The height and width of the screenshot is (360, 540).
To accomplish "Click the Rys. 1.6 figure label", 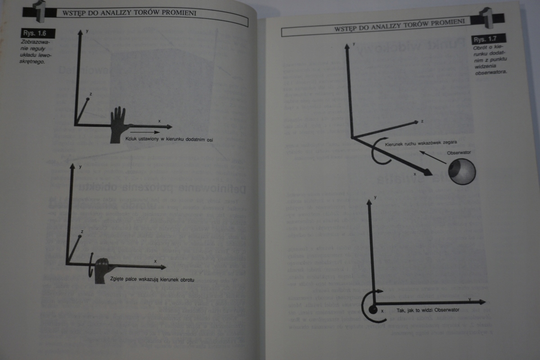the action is (x=38, y=33).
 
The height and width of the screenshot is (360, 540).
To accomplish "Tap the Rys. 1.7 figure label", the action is (x=488, y=39).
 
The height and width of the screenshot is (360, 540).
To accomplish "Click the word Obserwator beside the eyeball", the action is (x=459, y=153).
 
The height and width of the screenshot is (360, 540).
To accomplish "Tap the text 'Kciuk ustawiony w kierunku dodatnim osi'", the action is (x=170, y=140).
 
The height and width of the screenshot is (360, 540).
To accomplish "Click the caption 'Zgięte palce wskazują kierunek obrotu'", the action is (x=152, y=279).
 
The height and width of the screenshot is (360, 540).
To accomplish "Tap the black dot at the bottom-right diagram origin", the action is (x=373, y=309).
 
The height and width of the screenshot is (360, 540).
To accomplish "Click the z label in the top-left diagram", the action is (x=91, y=94).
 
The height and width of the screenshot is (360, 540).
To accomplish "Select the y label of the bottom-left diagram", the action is (x=80, y=166).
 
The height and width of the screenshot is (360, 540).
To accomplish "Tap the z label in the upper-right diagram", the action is (x=422, y=121).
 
